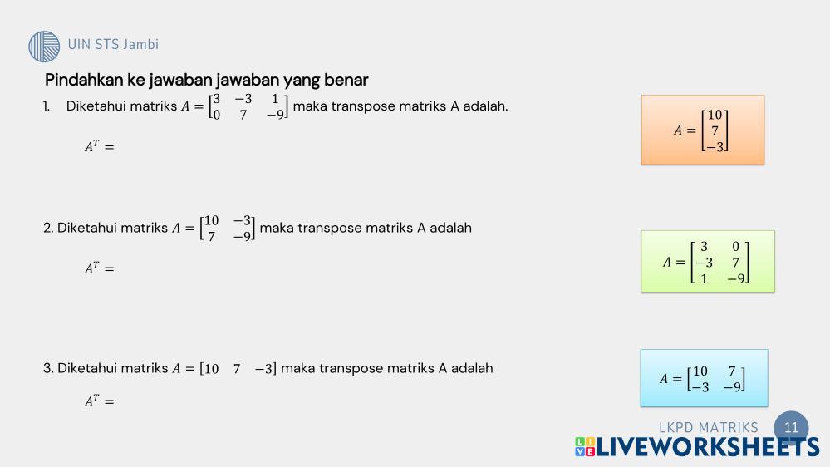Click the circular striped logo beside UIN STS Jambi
44,46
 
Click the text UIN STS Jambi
113,45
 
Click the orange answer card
702,130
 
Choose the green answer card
708,262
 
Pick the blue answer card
704,378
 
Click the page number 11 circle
791,427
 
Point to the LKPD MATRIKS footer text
708,427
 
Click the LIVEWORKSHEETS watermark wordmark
697,447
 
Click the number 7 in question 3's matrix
237,368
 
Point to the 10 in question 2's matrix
211,220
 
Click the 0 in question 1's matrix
217,115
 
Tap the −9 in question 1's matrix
275,115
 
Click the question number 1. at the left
47,106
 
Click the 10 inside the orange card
715,115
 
